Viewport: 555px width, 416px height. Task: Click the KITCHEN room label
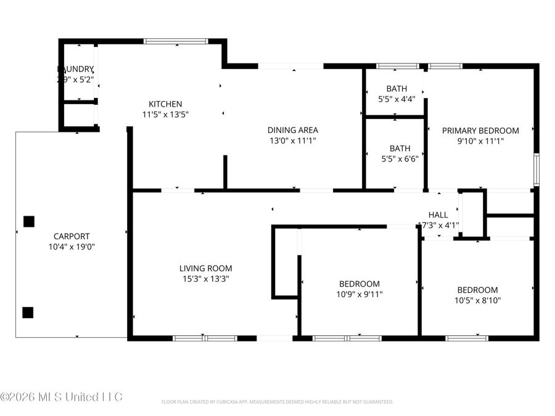[x=165, y=104]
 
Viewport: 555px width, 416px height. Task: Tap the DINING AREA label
[x=292, y=130]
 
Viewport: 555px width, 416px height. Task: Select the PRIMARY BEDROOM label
[x=480, y=131]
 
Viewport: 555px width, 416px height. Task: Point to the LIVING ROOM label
[x=205, y=268]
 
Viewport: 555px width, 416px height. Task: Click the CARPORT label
[x=71, y=236]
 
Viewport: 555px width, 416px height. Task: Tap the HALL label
[x=438, y=215]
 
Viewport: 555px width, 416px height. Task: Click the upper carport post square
[x=28, y=221]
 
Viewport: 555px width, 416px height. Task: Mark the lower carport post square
[x=27, y=312]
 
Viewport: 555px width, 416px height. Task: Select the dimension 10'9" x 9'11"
[x=360, y=294]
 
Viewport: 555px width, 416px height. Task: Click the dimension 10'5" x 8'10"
[x=477, y=300]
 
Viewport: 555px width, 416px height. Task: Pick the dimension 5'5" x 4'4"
[x=397, y=98]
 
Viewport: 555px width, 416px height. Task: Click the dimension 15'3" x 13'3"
[x=205, y=279]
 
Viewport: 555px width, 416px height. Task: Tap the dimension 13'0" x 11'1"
[x=292, y=141]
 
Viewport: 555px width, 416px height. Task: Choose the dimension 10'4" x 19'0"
[x=71, y=247]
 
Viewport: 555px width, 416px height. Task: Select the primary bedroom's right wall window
[x=536, y=169]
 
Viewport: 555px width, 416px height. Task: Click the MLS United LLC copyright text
[x=62, y=396]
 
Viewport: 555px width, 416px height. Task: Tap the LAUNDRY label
[x=75, y=69]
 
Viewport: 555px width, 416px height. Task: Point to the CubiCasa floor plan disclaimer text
[x=277, y=402]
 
